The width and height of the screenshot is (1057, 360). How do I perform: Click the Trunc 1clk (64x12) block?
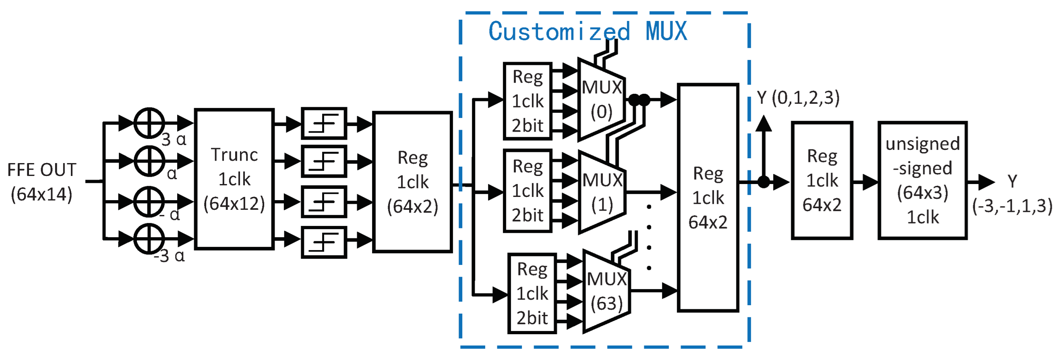[x=234, y=179]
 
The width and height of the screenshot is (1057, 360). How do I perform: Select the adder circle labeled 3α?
[x=149, y=123]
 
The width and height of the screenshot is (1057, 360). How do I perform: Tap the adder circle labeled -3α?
[x=149, y=238]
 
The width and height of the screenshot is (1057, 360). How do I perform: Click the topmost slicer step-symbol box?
[x=324, y=123]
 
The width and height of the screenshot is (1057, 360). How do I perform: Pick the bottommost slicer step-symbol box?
[x=324, y=242]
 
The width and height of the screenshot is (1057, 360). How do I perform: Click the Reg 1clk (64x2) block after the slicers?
[x=412, y=182]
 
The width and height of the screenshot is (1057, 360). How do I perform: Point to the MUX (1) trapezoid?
[x=602, y=192]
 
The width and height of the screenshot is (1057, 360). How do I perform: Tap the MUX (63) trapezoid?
[x=606, y=291]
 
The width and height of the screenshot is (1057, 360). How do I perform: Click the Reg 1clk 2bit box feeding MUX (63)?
[x=532, y=294]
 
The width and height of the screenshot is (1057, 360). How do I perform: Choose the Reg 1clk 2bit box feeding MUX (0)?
[x=527, y=101]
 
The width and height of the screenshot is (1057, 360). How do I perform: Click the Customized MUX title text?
[x=587, y=31]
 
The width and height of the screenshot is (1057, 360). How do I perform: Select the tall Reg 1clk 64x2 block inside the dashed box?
[x=708, y=198]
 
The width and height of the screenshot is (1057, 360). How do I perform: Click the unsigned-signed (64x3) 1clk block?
[x=923, y=180]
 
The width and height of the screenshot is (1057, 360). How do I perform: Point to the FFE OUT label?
[x=41, y=182]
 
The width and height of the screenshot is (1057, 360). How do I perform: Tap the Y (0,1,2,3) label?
[x=798, y=98]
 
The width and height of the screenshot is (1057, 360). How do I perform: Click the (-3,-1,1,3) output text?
[x=1012, y=206]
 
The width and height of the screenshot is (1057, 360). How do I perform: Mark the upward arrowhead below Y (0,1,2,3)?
[x=763, y=124]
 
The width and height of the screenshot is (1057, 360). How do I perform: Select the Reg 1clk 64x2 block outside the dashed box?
[x=822, y=180]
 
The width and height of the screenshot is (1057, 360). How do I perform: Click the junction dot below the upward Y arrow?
[x=763, y=182]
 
